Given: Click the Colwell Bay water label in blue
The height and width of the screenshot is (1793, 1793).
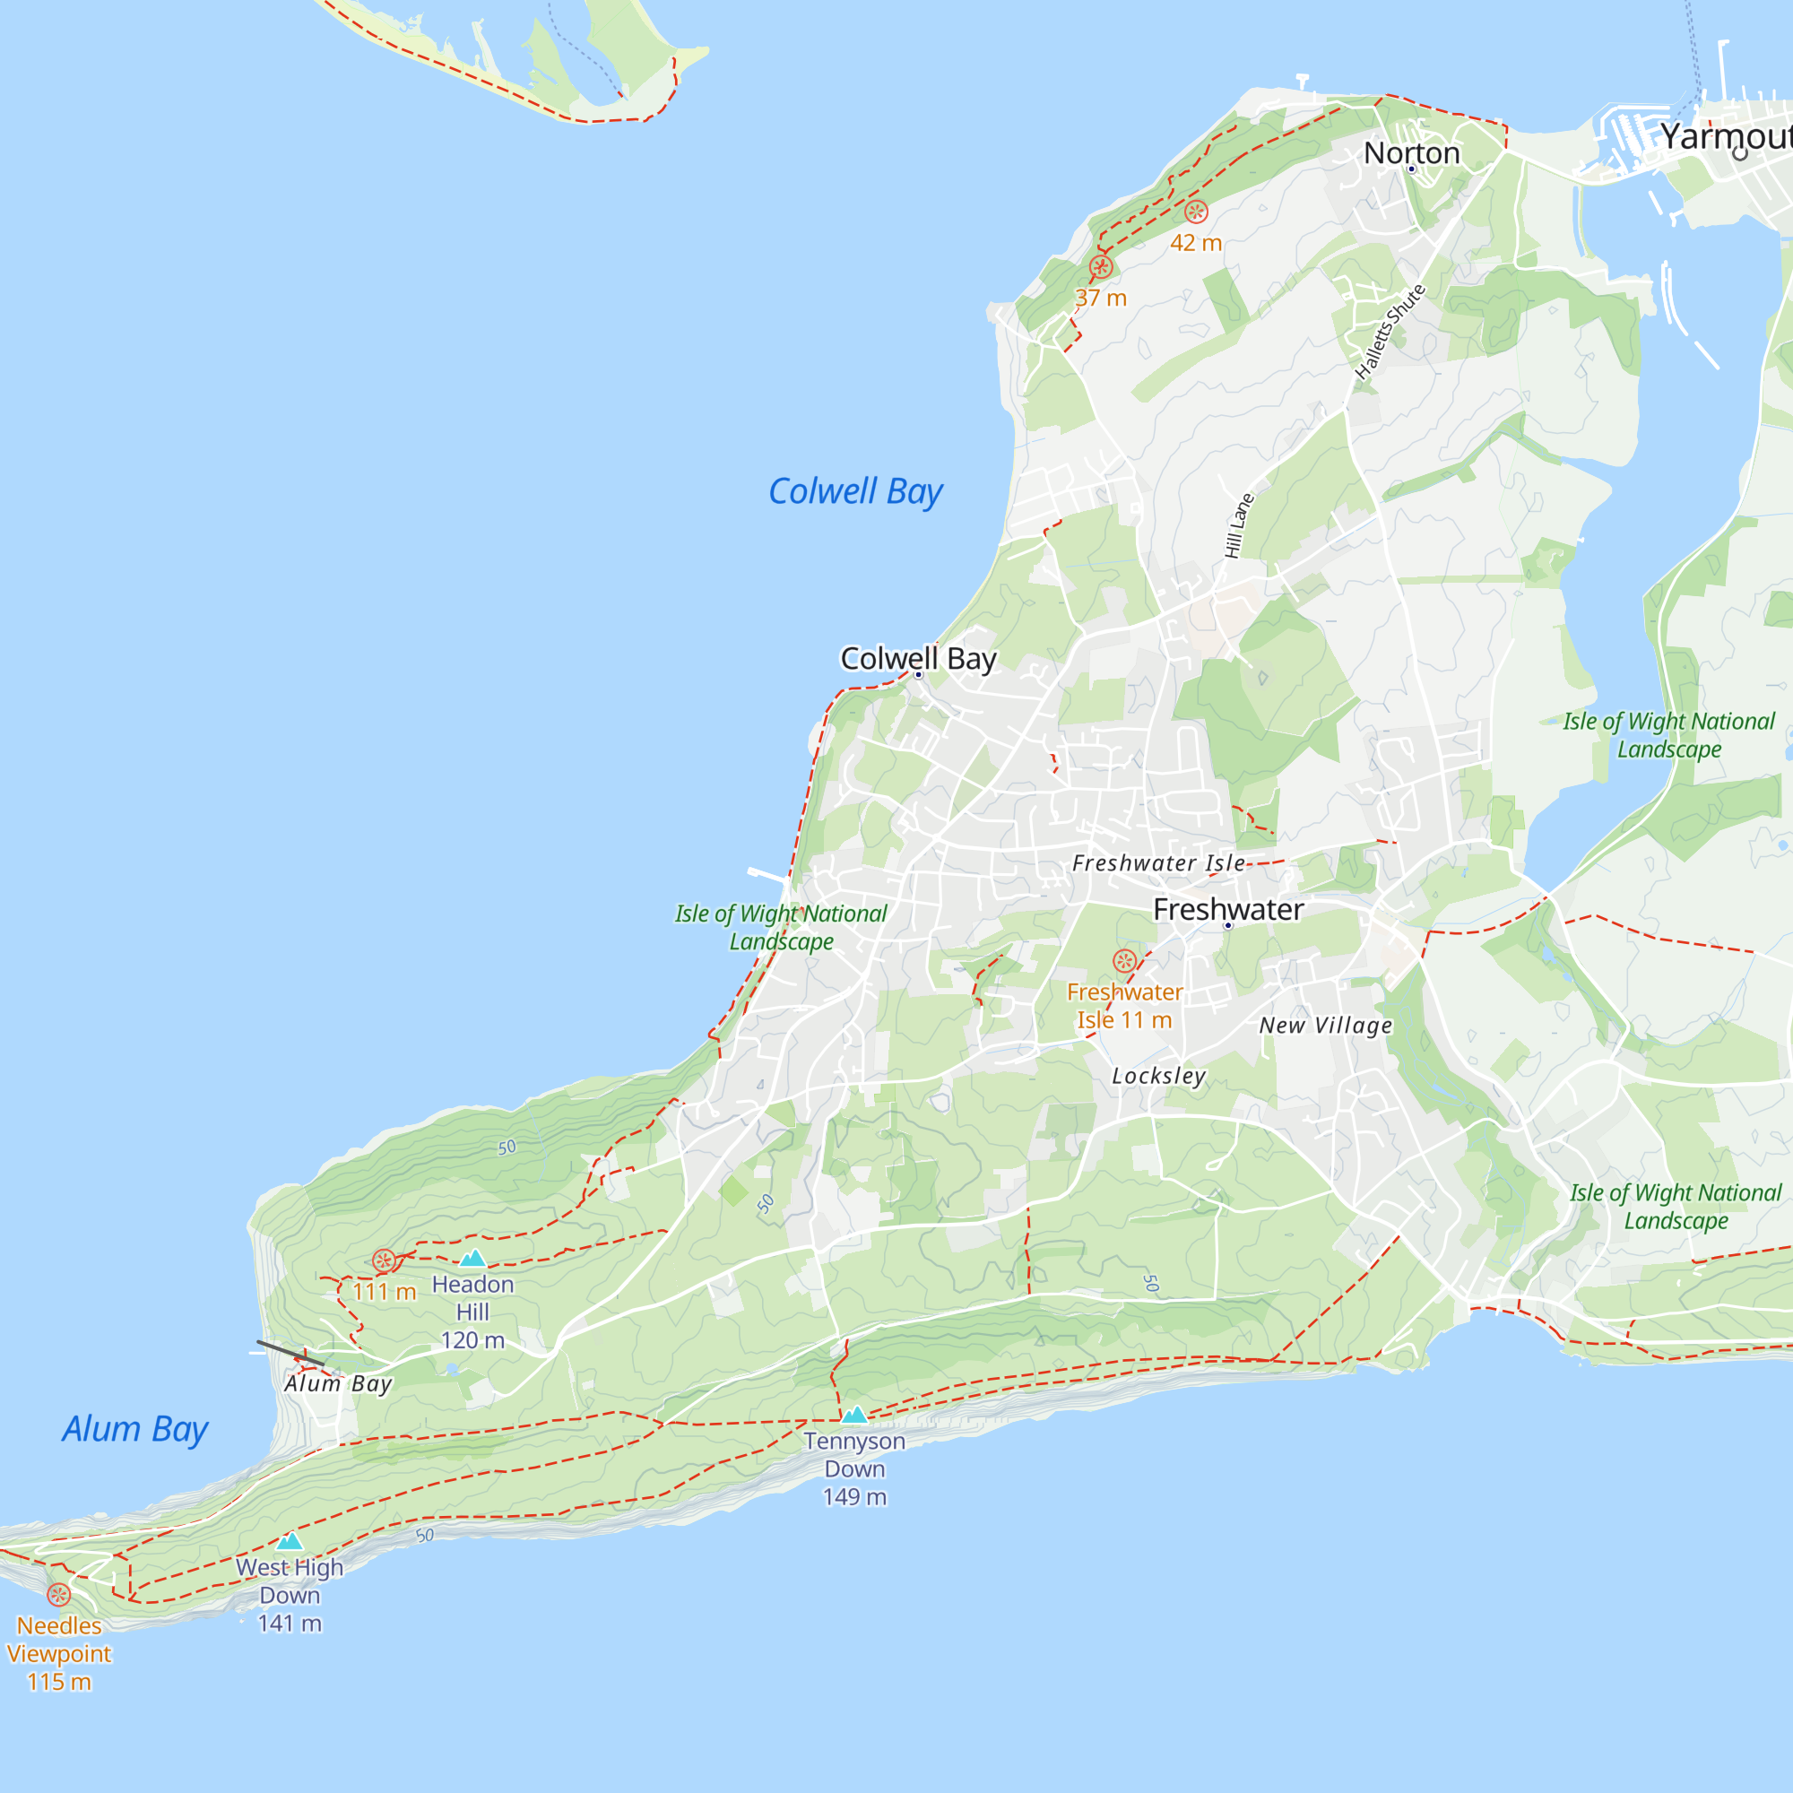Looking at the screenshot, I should click(x=854, y=492).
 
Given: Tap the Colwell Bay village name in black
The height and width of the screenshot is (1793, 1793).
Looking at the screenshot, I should click(x=918, y=658).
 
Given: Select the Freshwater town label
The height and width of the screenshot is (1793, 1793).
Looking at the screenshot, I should click(x=1228, y=909).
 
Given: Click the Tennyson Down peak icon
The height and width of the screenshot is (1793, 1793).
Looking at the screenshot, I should click(x=853, y=1415).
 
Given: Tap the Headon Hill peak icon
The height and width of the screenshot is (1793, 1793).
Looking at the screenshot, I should click(x=472, y=1259).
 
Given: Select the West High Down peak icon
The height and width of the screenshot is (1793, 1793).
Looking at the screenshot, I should click(x=290, y=1541).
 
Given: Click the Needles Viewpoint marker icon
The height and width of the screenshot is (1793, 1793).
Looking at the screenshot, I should click(x=58, y=1594).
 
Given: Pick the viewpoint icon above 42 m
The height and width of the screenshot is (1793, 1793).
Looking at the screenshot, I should click(x=1195, y=212).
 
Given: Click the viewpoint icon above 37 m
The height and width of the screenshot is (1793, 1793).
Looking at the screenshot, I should click(x=1101, y=267).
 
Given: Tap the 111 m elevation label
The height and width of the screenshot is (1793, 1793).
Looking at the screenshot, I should click(x=385, y=1292).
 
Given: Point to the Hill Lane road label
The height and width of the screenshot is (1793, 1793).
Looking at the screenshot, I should click(x=1238, y=525).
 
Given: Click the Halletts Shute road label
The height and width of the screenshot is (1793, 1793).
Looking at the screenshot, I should click(x=1389, y=333).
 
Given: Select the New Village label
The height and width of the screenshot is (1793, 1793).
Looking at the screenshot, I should click(x=1325, y=1026).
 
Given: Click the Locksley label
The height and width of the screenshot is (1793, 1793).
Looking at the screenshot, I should click(x=1159, y=1076).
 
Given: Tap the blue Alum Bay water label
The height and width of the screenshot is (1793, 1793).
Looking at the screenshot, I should click(x=135, y=1429).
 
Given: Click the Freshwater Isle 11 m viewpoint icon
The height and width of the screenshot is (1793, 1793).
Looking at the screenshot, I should click(x=1125, y=960).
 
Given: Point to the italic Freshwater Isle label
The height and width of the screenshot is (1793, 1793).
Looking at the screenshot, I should click(x=1158, y=863).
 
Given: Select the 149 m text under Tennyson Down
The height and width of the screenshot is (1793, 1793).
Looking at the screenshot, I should click(x=853, y=1497).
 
